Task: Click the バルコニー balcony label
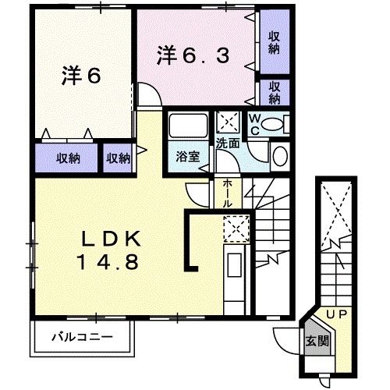pyautogui.click(x=83, y=339)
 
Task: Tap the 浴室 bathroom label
pyautogui.click(x=188, y=156)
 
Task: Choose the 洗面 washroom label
pyautogui.click(x=228, y=144)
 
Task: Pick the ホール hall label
pyautogui.click(x=226, y=192)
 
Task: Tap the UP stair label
pyautogui.click(x=338, y=314)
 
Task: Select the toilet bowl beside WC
pyautogui.click(x=272, y=124)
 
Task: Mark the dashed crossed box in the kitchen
pyautogui.click(x=235, y=228)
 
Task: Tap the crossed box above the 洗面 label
pyautogui.click(x=229, y=122)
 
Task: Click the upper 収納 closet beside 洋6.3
pyautogui.click(x=275, y=42)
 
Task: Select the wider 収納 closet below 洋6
pyautogui.click(x=68, y=158)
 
